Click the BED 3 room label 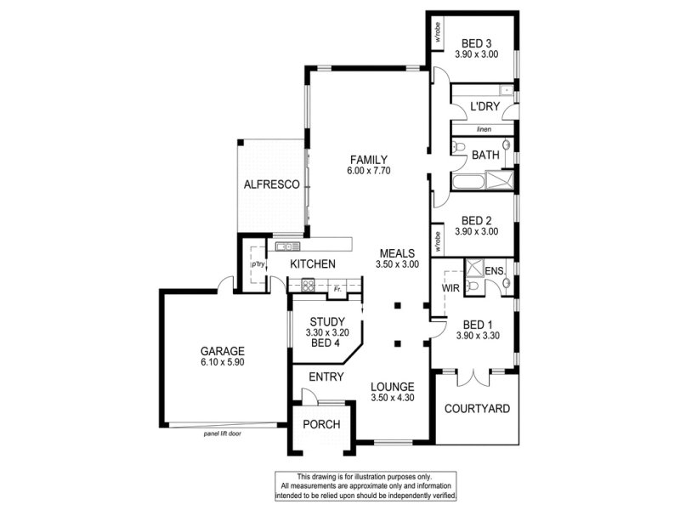tap(476, 43)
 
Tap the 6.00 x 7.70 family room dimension tap(369, 171)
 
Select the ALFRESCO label tap(271, 184)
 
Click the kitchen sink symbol tap(284, 246)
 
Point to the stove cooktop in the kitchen tap(308, 286)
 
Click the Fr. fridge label tap(337, 288)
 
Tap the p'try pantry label tap(258, 264)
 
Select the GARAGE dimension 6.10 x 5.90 tap(223, 362)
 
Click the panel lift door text tap(223, 433)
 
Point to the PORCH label tap(321, 424)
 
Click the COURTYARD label tap(477, 409)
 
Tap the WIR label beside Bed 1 tap(450, 288)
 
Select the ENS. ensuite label tap(495, 271)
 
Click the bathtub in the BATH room tap(467, 182)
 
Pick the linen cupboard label tap(484, 129)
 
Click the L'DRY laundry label tap(484, 107)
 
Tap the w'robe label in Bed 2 tap(438, 241)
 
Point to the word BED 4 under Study tap(326, 343)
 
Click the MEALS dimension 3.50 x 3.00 tap(397, 264)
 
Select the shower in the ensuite tap(474, 268)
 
